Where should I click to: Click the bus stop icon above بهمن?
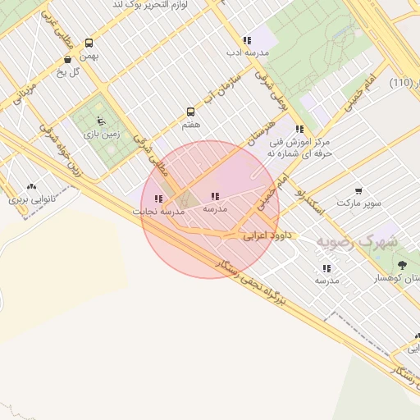tap(89, 43)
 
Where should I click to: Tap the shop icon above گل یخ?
tap(67, 59)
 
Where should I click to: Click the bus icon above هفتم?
tap(191, 112)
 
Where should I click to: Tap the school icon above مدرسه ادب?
tap(246, 40)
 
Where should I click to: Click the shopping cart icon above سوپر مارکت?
tap(358, 189)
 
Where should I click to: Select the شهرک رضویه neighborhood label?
tap(358, 242)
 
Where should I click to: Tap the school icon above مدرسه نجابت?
tap(158, 199)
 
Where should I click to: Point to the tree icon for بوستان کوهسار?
tap(402, 265)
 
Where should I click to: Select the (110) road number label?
tap(401, 83)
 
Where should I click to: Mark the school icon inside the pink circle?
tap(215, 196)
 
